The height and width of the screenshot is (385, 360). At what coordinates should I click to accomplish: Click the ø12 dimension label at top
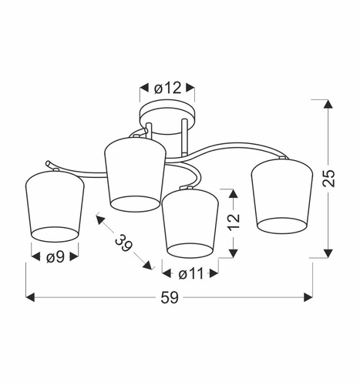(x=167, y=89)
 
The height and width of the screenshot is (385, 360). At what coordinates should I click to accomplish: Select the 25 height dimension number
(x=329, y=179)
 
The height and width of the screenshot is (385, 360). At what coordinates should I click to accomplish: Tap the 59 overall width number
(x=170, y=298)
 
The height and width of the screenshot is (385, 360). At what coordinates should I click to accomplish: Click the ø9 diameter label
(x=55, y=257)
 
